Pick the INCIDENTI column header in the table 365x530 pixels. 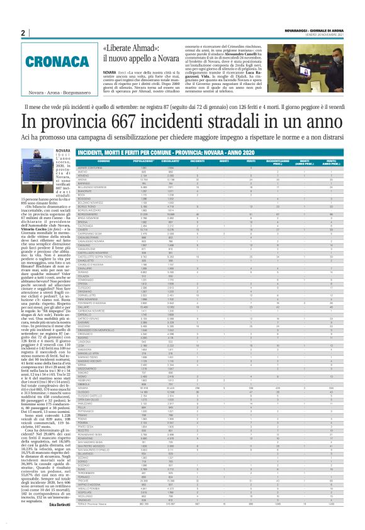click(x=197, y=161)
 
